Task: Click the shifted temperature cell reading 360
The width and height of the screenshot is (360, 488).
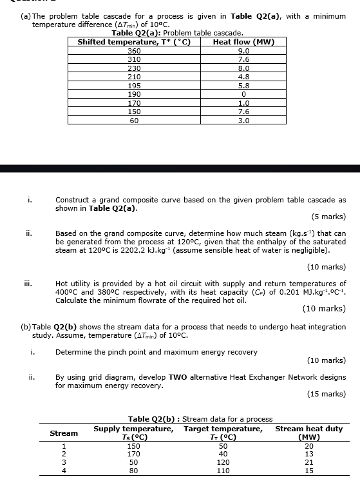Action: click(134, 51)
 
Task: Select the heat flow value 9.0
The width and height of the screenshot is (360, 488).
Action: click(243, 51)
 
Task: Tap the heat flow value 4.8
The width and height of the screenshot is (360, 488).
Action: click(243, 77)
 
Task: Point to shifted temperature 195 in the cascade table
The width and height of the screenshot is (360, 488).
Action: click(134, 86)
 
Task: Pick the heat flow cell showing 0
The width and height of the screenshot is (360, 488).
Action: click(243, 94)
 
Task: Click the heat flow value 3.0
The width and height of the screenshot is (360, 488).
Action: click(243, 120)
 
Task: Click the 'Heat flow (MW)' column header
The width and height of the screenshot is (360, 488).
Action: click(243, 43)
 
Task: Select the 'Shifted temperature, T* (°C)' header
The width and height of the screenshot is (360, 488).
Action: click(134, 43)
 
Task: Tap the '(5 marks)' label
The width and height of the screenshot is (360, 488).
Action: click(328, 217)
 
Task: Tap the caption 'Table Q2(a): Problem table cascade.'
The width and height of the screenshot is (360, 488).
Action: click(177, 33)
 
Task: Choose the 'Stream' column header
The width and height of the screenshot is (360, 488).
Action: click(64, 433)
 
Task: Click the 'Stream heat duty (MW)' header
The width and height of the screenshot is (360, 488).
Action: click(308, 433)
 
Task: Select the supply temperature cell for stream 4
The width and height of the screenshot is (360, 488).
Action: click(134, 471)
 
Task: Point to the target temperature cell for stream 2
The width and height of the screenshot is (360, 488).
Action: click(223, 454)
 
